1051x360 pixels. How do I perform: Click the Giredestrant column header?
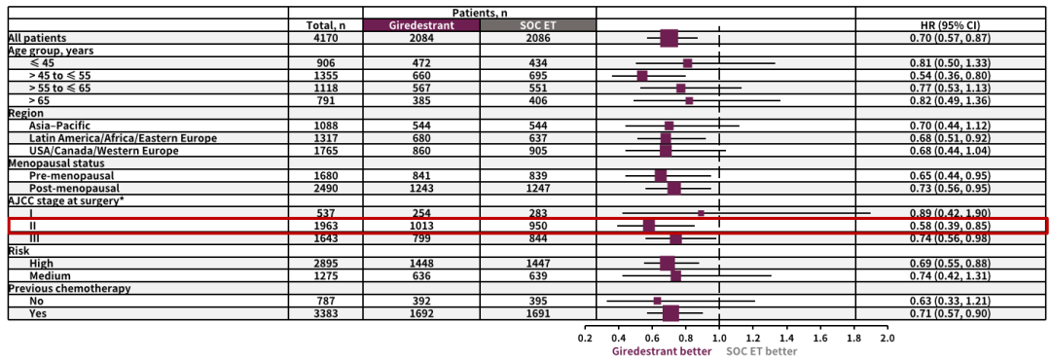(x=421, y=25)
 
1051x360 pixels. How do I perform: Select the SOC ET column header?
(x=537, y=25)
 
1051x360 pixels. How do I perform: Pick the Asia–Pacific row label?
(x=59, y=126)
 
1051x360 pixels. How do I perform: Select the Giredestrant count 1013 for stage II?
(x=421, y=226)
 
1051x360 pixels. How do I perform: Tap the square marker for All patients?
(x=669, y=38)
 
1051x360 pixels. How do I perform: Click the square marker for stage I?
(x=701, y=213)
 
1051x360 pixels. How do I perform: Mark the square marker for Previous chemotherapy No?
(x=658, y=301)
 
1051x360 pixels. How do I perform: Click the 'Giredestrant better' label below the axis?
(x=662, y=350)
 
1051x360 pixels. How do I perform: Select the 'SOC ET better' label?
(x=762, y=350)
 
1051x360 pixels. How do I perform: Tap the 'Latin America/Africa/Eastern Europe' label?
(x=123, y=138)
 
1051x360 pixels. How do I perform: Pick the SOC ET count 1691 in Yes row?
(x=537, y=313)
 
